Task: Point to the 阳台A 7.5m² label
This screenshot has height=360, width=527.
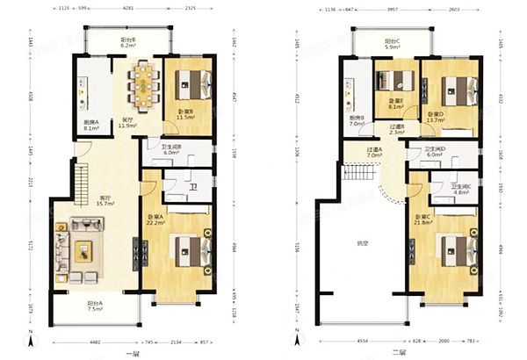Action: click(x=94, y=306)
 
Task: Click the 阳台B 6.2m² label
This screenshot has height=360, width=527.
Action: click(x=127, y=42)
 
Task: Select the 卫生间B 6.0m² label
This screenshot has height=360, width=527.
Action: click(x=171, y=149)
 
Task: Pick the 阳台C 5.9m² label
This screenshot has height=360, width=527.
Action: click(x=394, y=44)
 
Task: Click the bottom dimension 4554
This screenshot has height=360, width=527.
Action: click(x=360, y=341)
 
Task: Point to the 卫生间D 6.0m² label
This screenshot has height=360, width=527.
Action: click(x=435, y=151)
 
